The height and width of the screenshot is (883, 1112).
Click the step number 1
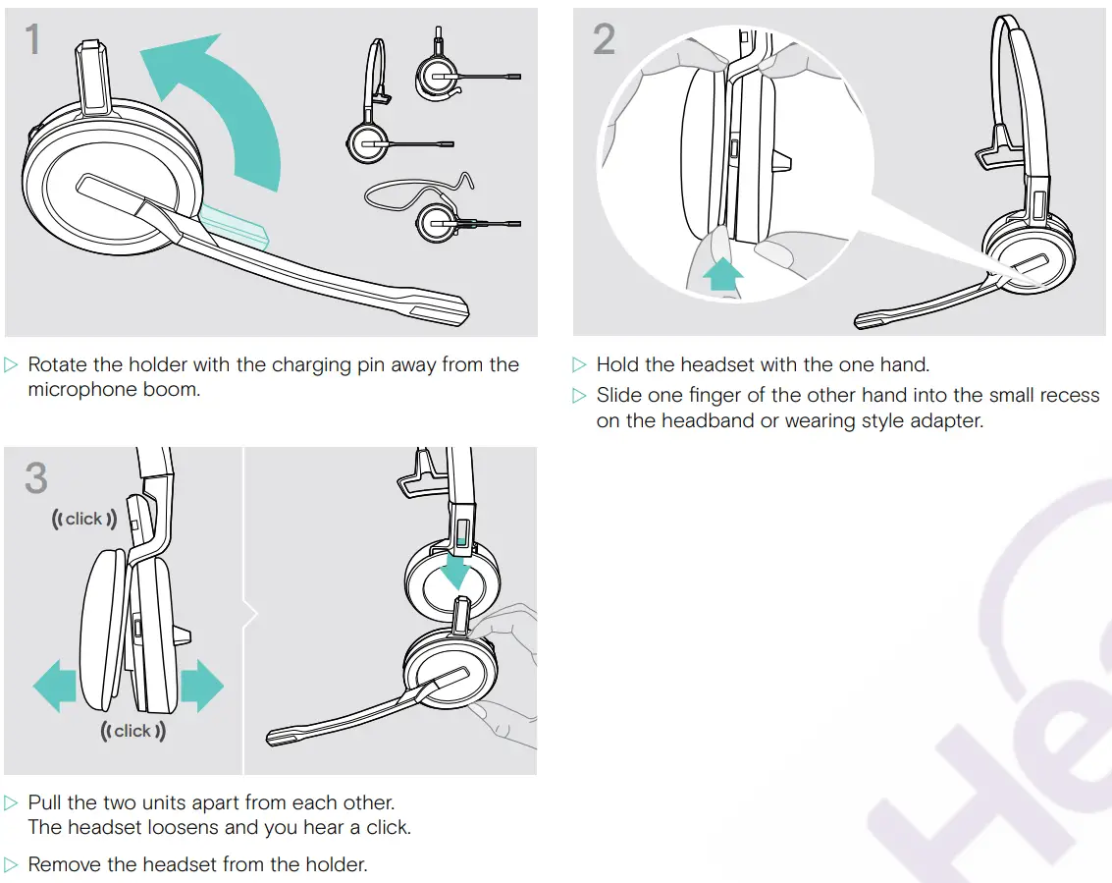click(32, 39)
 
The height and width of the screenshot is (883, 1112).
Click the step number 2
click(604, 39)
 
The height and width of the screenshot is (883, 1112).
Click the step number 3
click(36, 477)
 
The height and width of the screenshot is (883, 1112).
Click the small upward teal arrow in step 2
click(722, 274)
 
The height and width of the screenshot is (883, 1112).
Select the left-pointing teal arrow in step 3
click(55, 686)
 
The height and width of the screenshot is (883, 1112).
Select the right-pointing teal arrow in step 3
click(202, 686)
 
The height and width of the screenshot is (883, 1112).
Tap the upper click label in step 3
click(83, 519)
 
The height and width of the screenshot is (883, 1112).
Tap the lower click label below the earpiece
click(132, 731)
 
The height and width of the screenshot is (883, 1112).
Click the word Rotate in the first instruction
click(58, 364)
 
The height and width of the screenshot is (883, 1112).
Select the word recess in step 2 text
click(1070, 396)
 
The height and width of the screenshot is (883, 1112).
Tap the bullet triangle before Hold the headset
click(579, 364)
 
